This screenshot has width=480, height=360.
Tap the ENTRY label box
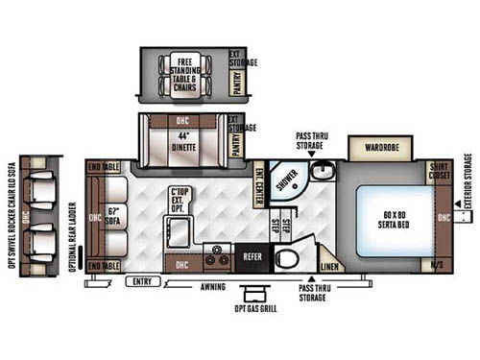(141, 280)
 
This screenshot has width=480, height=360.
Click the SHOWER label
(287, 179)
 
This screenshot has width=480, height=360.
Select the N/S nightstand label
(440, 264)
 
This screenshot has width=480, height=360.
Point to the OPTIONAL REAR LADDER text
(75, 236)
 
